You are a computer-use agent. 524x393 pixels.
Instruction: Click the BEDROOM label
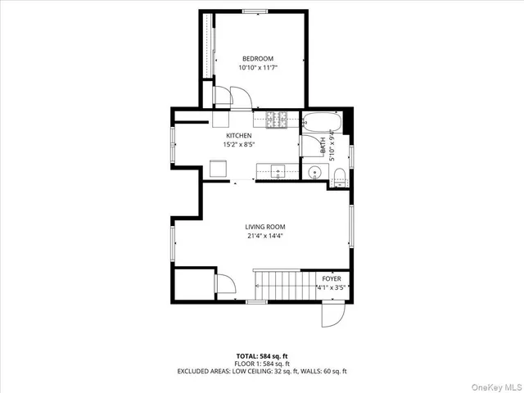257,58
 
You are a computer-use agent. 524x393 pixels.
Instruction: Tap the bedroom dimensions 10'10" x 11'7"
257,68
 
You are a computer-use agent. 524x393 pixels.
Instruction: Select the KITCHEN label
239,135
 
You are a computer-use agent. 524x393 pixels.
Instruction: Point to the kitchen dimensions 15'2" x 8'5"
239,145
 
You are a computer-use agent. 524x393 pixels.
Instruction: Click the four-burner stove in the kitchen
276,120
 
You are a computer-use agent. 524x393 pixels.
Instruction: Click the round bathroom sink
314,172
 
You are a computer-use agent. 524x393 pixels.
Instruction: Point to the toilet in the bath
338,174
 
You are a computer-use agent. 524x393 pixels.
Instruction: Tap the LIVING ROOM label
265,227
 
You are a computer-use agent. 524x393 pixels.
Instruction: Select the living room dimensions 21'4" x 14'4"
265,237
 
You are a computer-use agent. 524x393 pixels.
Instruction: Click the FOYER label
331,279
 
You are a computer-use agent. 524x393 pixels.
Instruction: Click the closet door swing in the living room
225,284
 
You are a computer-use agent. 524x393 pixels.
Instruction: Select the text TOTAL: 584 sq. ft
262,355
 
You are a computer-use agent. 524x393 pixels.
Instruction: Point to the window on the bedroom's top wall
254,11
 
